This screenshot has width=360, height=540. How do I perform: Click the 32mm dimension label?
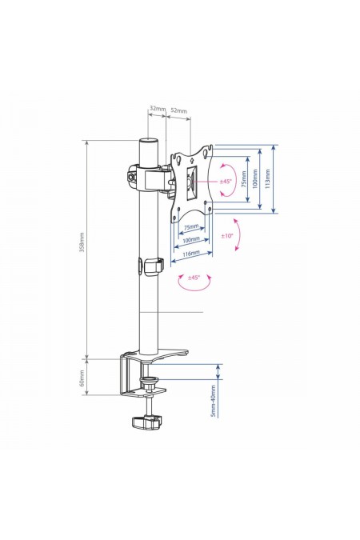pyautogui.click(x=157, y=109)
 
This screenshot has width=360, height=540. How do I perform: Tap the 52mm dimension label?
pyautogui.click(x=179, y=110)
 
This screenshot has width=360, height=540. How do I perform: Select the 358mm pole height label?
pyautogui.click(x=82, y=242)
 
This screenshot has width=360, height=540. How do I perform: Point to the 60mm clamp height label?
pyautogui.click(x=82, y=378)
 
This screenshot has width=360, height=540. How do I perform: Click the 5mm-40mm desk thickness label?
pyautogui.click(x=214, y=401)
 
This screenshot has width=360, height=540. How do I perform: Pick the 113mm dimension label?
pyautogui.click(x=268, y=178)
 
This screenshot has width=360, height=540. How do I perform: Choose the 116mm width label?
pyautogui.click(x=191, y=254)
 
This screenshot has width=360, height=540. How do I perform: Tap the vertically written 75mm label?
pyautogui.click(x=243, y=178)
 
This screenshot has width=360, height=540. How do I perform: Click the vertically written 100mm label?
pyautogui.click(x=255, y=178)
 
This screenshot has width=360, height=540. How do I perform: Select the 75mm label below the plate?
pyautogui.click(x=191, y=227)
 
